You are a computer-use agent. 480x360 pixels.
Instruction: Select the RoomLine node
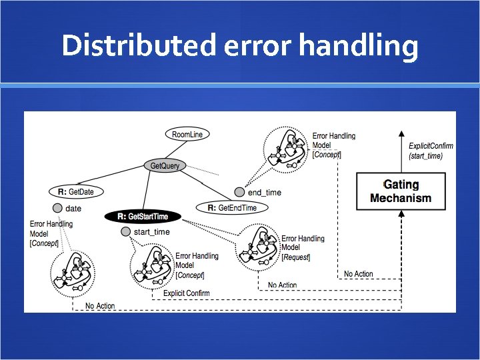tap(187, 134)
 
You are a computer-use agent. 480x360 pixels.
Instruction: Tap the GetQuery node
tap(165, 165)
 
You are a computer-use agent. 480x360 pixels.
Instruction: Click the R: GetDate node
tap(76, 192)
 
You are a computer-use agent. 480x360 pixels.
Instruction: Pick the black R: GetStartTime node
tap(143, 216)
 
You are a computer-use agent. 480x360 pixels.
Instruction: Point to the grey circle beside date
tap(58, 209)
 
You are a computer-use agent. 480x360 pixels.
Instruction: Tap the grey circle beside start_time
tap(126, 232)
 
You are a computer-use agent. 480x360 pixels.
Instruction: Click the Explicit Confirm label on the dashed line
tap(186, 293)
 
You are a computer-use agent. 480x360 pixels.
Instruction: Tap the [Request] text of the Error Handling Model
tap(296, 257)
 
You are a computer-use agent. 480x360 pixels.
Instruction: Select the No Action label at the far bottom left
tap(100, 306)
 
